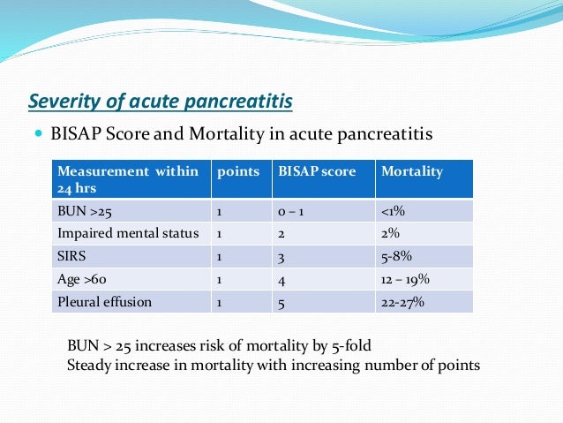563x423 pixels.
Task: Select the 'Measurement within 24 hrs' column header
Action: pyautogui.click(x=129, y=178)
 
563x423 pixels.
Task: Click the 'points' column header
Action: pyautogui.click(x=237, y=171)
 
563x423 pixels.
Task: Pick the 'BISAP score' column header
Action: pyautogui.click(x=319, y=171)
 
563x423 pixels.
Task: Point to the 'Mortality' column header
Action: pyautogui.click(x=411, y=171)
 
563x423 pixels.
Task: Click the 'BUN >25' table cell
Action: pyautogui.click(x=84, y=211)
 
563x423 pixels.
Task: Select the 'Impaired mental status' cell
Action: pyautogui.click(x=127, y=233)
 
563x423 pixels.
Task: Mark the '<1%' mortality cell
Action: pyautogui.click(x=394, y=211)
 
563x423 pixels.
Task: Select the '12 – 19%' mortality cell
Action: pyautogui.click(x=405, y=279)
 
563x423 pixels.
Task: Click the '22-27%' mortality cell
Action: pyautogui.click(x=402, y=302)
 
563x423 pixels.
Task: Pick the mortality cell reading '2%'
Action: pyautogui.click(x=390, y=233)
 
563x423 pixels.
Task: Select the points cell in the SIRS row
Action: pyautogui.click(x=220, y=256)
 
